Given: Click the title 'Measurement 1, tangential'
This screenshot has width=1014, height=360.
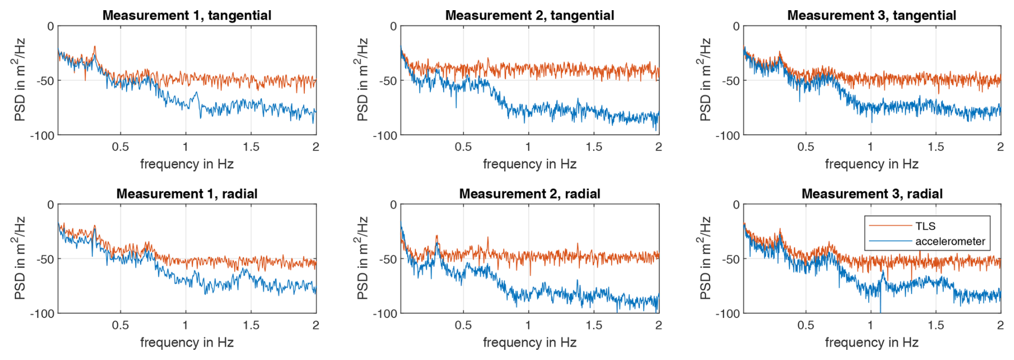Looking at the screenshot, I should coord(187,15).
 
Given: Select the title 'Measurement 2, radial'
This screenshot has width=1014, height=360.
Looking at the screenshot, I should coord(530,193).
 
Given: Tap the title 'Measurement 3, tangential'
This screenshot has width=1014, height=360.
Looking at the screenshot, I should coord(871,15).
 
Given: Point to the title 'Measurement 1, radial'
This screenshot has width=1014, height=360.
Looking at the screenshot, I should coord(187,193).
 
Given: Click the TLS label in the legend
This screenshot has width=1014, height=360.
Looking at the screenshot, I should coord(925,226).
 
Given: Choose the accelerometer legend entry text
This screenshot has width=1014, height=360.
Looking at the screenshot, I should coord(950,241).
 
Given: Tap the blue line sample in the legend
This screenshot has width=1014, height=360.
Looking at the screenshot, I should coord(890,241).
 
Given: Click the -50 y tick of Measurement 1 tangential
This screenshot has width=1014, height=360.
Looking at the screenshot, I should coord(45,81).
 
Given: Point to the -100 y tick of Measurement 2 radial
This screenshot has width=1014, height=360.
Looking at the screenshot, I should coord(385,314).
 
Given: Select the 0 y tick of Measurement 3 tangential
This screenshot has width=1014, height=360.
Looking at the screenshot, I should coord(736,26).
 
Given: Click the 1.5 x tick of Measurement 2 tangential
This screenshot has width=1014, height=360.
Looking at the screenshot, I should coord(593,147).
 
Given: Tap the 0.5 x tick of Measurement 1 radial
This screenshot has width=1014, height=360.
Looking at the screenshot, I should coord(120,325).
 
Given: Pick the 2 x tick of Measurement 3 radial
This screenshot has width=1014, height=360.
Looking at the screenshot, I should coord(1000,325).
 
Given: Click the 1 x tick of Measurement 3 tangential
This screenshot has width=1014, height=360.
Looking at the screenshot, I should coord(870,147).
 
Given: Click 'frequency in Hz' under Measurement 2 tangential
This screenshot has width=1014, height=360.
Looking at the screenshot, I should coord(530,164).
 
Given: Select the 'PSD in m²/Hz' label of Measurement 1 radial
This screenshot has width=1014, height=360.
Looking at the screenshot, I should coord(19,258).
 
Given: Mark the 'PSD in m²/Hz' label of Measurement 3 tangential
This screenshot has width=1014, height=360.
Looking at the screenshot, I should coord(705,79).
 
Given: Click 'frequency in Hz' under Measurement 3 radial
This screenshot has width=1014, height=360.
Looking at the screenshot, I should coord(871,342).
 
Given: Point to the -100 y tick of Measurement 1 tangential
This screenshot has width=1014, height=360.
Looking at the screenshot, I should coord(42,136).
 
